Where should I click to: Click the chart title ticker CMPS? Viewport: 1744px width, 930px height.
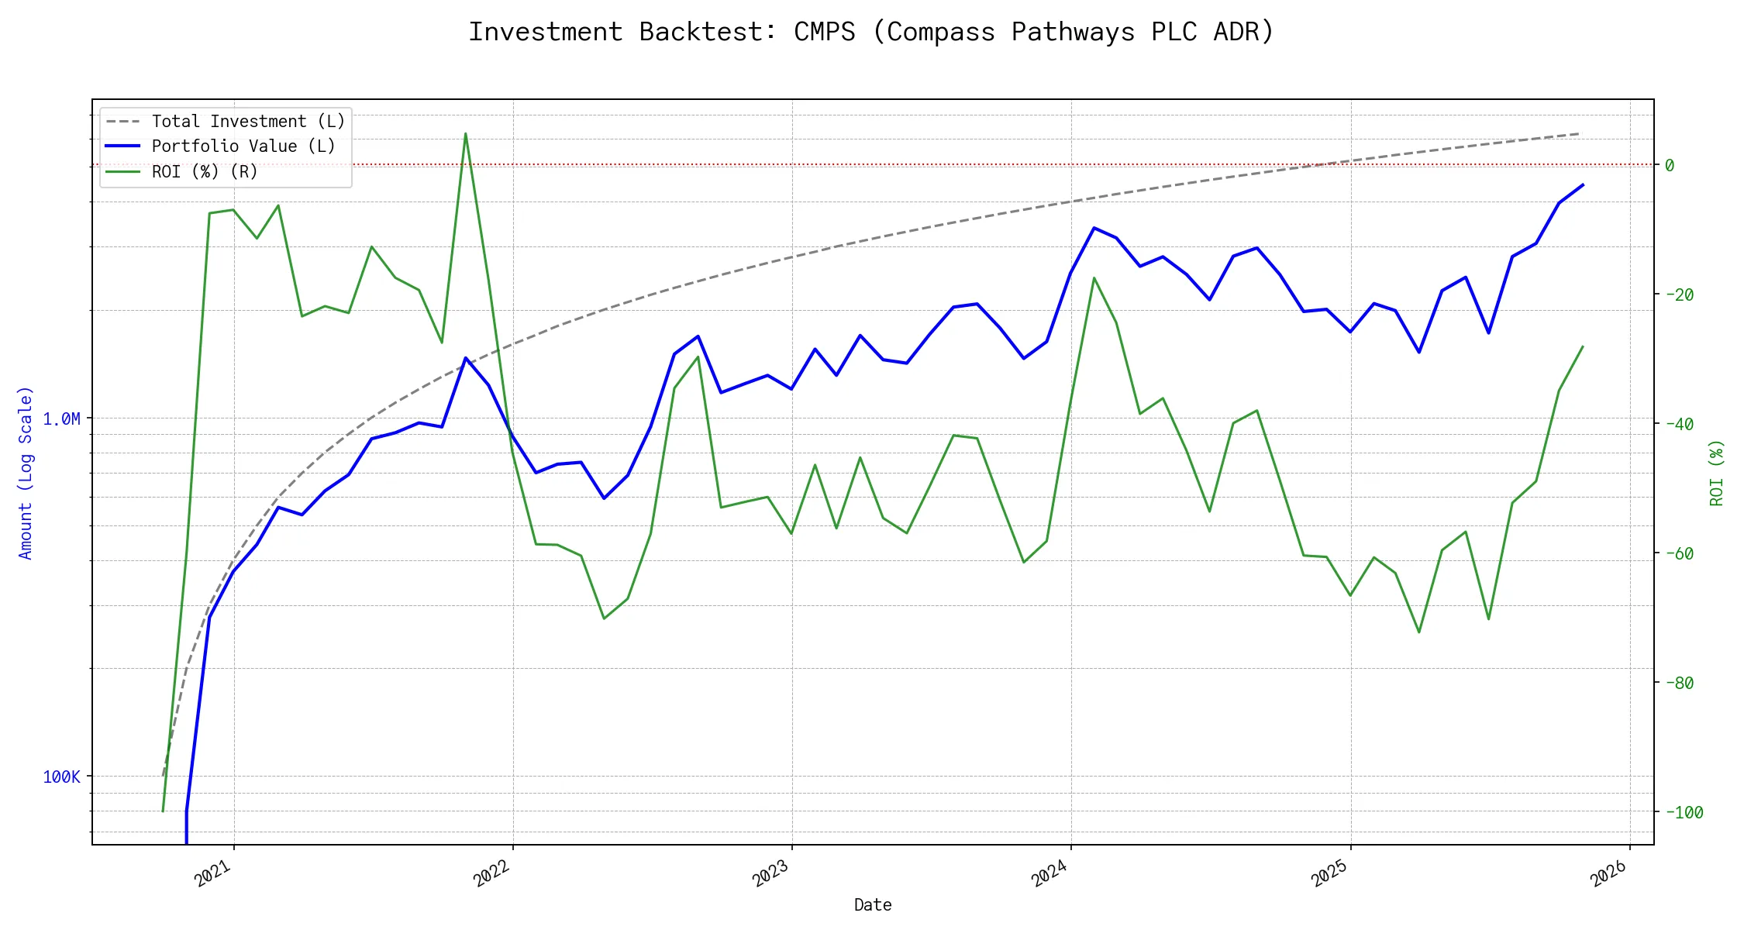click(824, 32)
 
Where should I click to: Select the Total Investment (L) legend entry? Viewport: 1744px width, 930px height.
click(247, 122)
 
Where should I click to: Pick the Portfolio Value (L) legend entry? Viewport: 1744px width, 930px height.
click(243, 146)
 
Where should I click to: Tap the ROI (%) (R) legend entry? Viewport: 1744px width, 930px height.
click(204, 171)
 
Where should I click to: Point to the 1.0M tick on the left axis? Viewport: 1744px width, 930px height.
click(61, 419)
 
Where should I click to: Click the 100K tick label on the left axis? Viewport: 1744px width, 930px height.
click(61, 777)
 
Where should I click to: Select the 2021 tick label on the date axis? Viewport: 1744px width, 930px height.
click(213, 873)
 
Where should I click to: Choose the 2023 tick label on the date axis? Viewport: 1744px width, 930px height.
click(770, 873)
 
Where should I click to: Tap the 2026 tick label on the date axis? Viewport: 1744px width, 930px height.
click(1608, 873)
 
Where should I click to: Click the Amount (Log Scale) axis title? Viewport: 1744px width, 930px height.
click(26, 473)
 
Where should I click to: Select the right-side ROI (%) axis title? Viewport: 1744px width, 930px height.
click(1716, 473)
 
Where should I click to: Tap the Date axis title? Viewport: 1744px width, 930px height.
click(873, 904)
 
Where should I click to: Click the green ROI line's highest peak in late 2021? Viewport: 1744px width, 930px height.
click(465, 133)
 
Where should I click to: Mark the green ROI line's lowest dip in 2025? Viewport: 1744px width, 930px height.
click(1419, 632)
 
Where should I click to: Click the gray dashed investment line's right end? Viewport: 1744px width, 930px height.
click(1579, 134)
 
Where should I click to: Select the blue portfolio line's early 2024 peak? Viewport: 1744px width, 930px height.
click(1094, 228)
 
